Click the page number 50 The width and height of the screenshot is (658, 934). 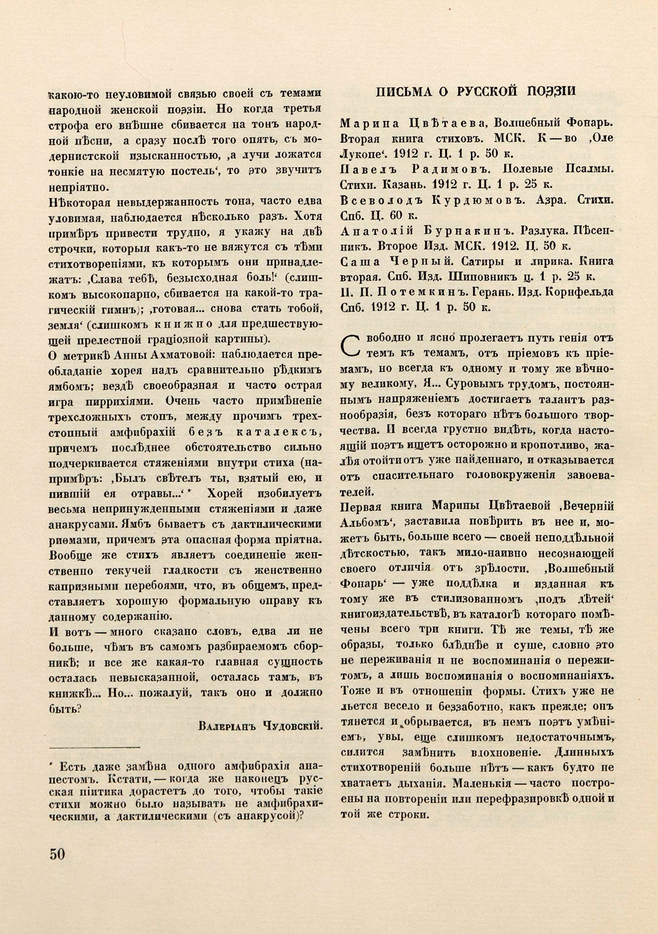pos(57,854)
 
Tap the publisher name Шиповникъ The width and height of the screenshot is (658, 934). pos(503,276)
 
